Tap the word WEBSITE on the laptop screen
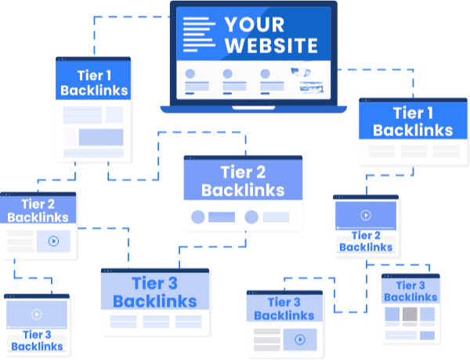pyautogui.click(x=271, y=45)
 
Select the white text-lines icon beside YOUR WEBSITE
pyautogui.click(x=198, y=32)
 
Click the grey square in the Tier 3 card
pyautogui.click(x=410, y=315)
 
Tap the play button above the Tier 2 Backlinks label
pyautogui.click(x=366, y=215)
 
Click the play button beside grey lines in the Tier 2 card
pyautogui.click(x=53, y=241)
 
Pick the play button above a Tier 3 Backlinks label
pyautogui.click(x=36, y=315)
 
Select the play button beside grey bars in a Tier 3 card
pyautogui.click(x=299, y=340)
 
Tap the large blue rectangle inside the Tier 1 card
pyautogui.click(x=101, y=138)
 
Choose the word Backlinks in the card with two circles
pyautogui.click(x=243, y=190)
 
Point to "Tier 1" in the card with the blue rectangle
pyautogui.click(x=93, y=76)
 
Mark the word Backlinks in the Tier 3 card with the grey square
pyautogui.click(x=410, y=297)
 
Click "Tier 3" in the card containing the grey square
pyautogui.click(x=410, y=286)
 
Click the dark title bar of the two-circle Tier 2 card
pyautogui.click(x=243, y=158)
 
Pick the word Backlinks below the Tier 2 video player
pyautogui.click(x=366, y=247)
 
